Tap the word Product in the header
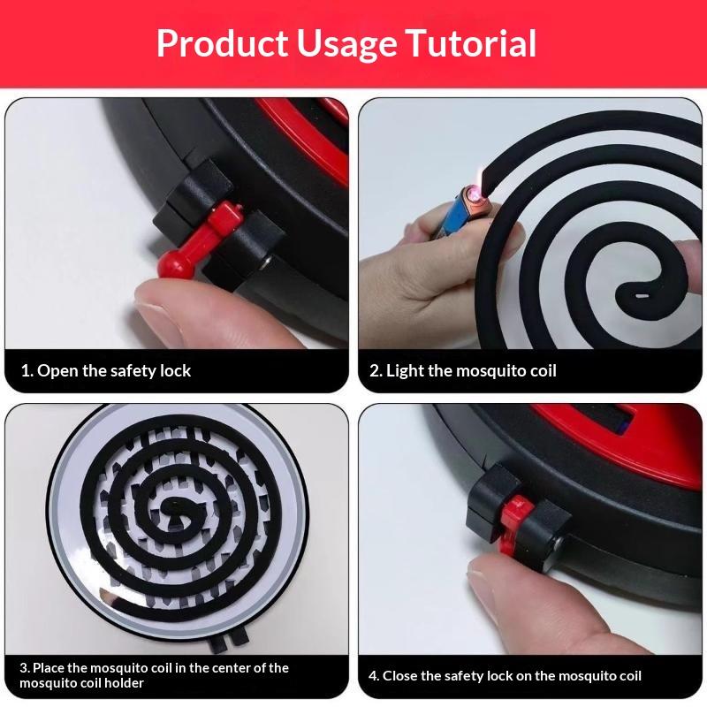(223, 43)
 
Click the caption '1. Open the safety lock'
(106, 370)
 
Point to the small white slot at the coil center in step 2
(641, 296)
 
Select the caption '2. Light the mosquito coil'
(463, 370)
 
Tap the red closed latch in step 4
(515, 523)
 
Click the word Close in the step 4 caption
(401, 676)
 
